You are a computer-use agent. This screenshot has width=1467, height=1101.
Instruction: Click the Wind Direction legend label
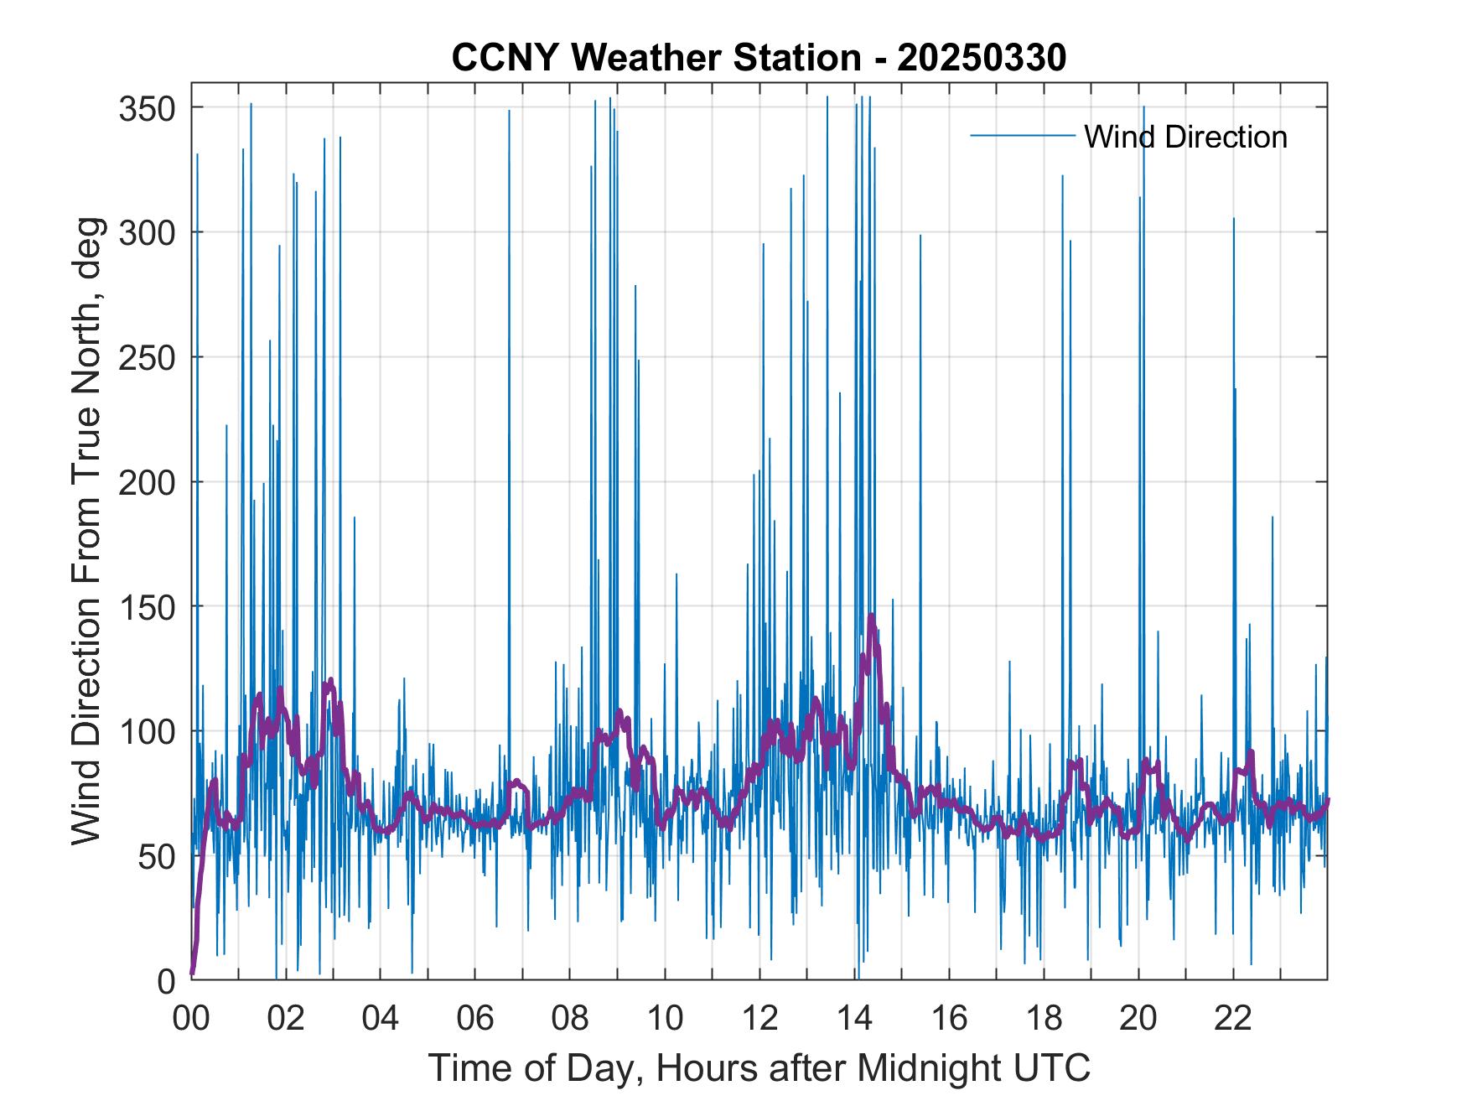(1185, 137)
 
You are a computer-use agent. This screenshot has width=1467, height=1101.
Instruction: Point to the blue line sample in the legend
(1022, 136)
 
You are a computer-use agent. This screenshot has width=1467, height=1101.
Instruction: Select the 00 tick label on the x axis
(191, 1019)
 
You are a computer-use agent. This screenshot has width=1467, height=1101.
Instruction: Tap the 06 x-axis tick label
(475, 1019)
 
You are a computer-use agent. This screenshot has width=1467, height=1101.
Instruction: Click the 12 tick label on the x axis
(759, 1019)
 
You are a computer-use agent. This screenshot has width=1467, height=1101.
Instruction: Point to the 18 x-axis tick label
(1044, 1019)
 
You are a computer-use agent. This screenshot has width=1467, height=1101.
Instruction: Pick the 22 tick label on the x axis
(1233, 1019)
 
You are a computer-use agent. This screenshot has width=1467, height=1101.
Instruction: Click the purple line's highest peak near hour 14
(872, 616)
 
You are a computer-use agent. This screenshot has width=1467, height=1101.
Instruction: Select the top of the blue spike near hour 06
(509, 110)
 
